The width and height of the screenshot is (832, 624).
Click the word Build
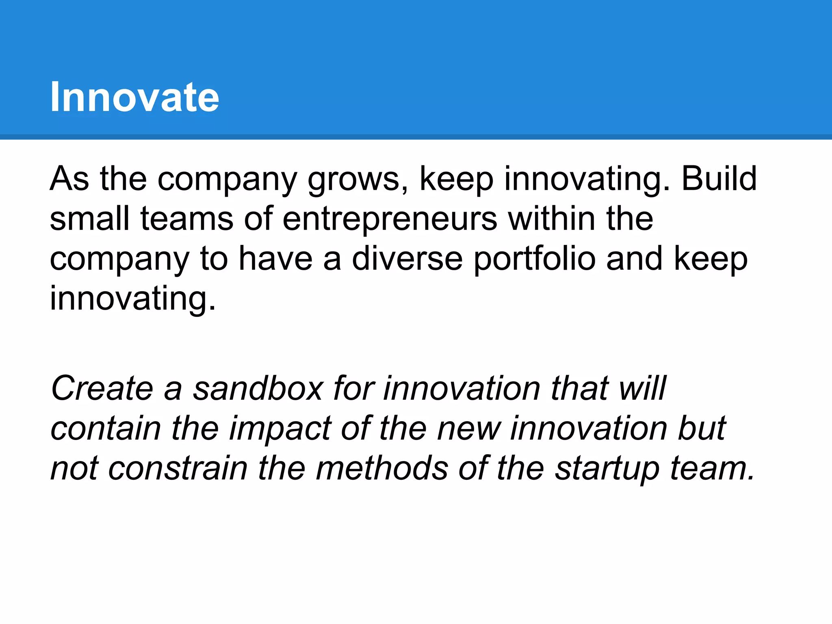tap(719, 179)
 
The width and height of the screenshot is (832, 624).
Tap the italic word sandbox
tap(258, 388)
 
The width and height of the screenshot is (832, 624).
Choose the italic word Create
tap(102, 388)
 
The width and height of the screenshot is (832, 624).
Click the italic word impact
tap(280, 429)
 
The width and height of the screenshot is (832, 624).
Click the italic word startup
tap(607, 470)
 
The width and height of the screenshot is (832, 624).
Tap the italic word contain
tap(106, 429)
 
